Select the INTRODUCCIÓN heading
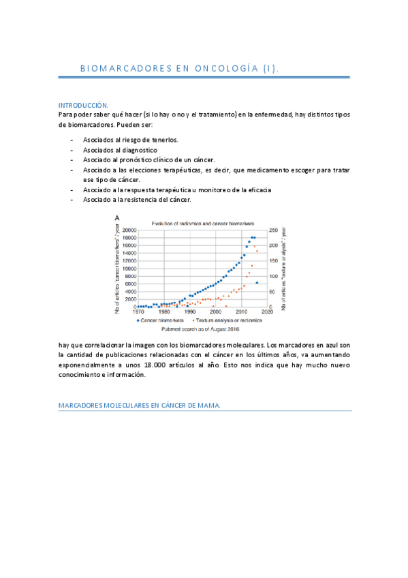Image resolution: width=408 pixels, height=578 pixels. [x=84, y=106]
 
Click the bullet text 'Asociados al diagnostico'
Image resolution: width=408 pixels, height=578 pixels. [x=121, y=149]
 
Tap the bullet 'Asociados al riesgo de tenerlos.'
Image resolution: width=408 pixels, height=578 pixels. [x=130, y=140]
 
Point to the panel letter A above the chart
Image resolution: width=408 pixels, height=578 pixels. [x=117, y=217]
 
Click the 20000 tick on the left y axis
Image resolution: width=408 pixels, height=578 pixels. [x=129, y=230]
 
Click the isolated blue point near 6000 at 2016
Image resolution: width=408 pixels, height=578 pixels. [x=257, y=282]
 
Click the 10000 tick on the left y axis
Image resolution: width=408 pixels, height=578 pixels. [x=129, y=269]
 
